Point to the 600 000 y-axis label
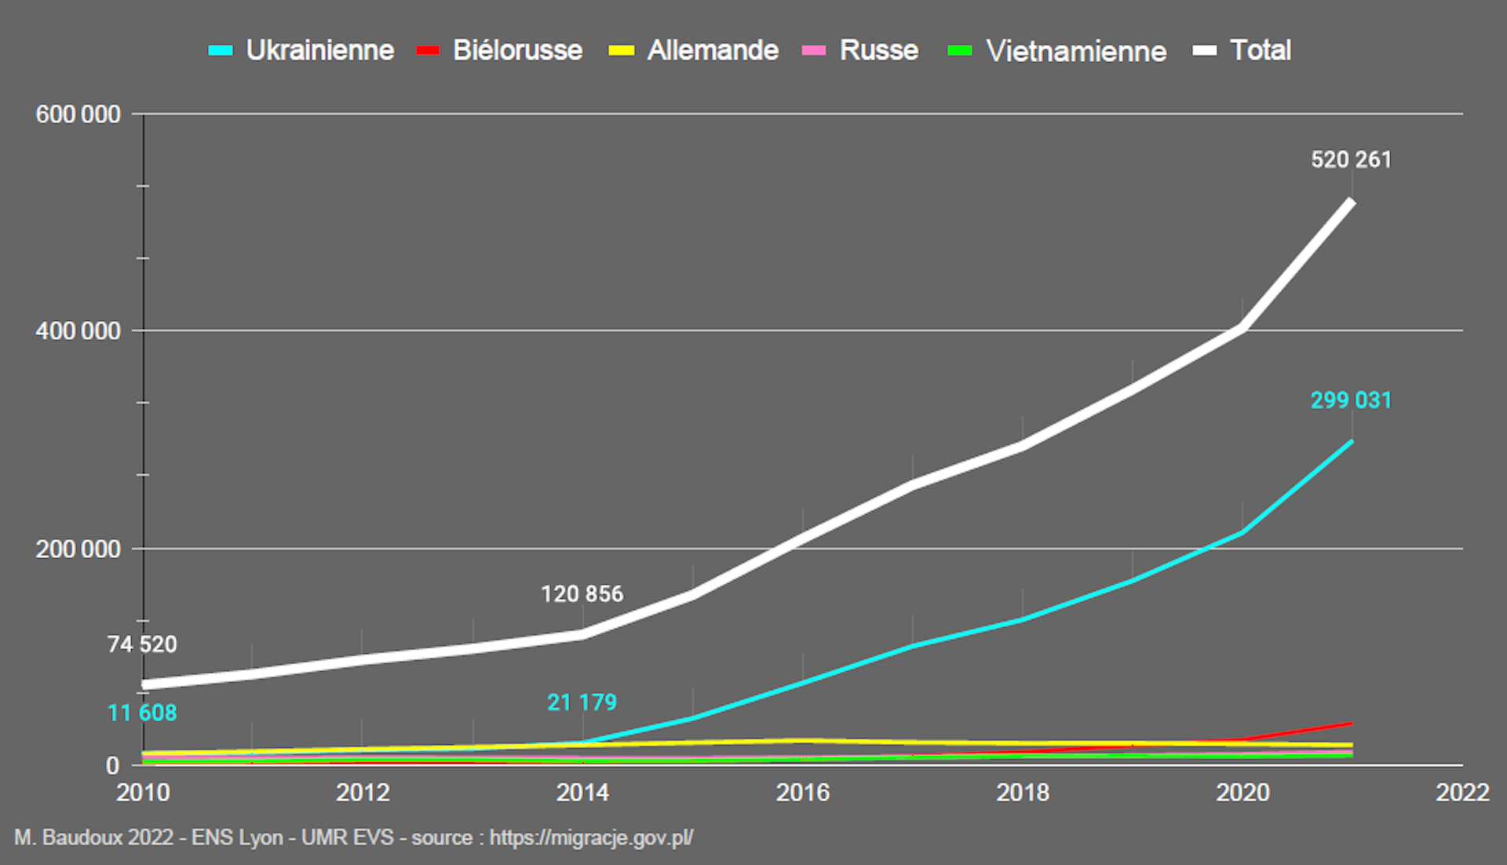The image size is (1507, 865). tap(78, 115)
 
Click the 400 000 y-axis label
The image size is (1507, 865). tap(78, 331)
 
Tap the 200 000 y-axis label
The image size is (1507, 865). tap(78, 549)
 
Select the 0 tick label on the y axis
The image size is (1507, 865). tap(113, 765)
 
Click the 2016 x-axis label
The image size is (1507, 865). tap(803, 792)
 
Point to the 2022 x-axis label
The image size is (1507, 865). tap(1462, 792)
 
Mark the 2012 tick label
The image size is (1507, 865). tap(363, 792)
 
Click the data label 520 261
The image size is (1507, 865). tap(1351, 160)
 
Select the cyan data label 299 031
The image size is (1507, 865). tap(1351, 400)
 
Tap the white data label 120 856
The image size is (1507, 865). tap(582, 594)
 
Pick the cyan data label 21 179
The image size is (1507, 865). tap(582, 703)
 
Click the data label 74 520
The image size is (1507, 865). tap(142, 644)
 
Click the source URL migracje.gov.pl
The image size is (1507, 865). tap(591, 838)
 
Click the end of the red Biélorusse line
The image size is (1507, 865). tap(1350, 723)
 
